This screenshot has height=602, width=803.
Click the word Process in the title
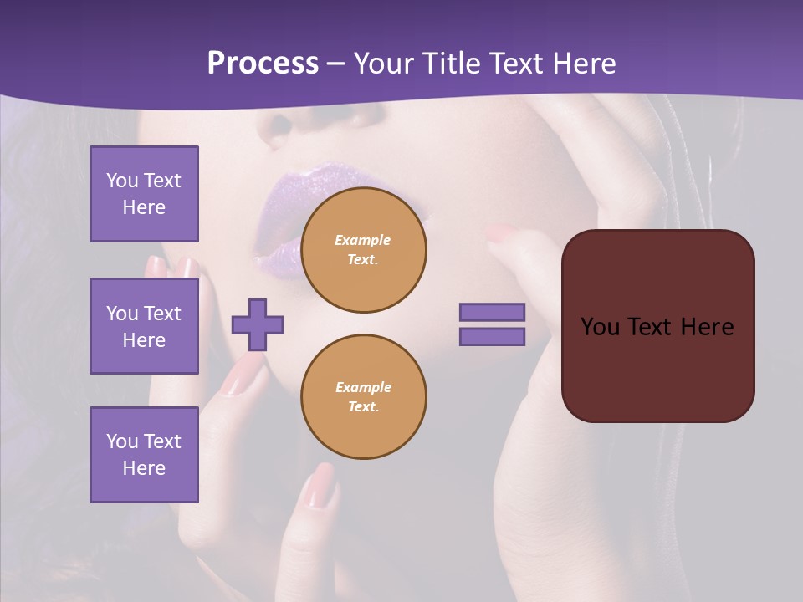tap(263, 64)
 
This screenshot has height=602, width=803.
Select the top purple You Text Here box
tap(144, 194)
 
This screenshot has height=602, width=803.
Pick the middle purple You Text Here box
tap(144, 326)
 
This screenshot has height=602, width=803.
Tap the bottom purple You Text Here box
tap(144, 454)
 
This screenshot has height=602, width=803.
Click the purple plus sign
tap(258, 324)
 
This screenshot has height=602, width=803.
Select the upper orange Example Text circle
tap(364, 249)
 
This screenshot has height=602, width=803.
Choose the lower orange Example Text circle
tap(364, 396)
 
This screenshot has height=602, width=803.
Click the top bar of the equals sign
tap(493, 312)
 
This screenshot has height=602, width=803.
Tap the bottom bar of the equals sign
tap(493, 336)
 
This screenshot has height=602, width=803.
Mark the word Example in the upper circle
tap(363, 240)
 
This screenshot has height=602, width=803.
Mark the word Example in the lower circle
tap(363, 387)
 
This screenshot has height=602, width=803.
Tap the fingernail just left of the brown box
tap(503, 233)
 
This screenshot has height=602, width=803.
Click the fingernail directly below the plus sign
tap(243, 376)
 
